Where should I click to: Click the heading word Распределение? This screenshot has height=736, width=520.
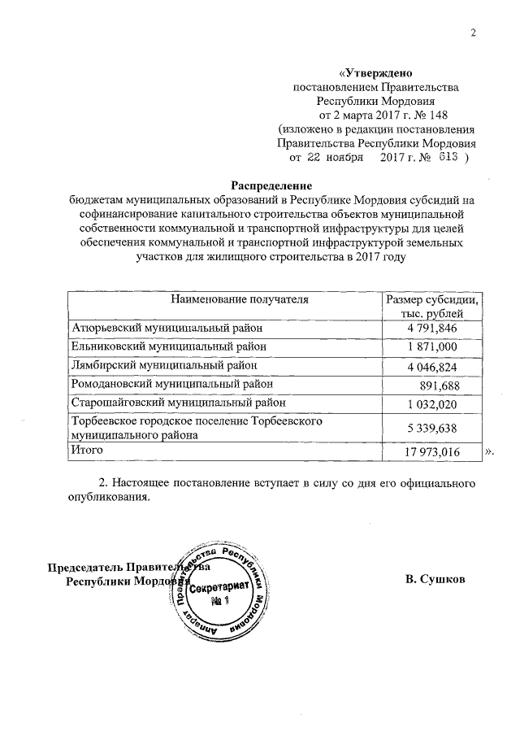[x=267, y=185]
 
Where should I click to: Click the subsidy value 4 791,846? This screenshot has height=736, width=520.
[x=431, y=328]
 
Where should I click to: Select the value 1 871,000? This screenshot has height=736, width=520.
[x=431, y=347]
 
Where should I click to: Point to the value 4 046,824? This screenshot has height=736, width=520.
[x=431, y=367]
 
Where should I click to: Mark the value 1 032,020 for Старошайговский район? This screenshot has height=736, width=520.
[x=431, y=405]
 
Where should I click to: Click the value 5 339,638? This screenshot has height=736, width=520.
[x=431, y=429]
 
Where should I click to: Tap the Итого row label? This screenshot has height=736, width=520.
[x=89, y=450]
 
